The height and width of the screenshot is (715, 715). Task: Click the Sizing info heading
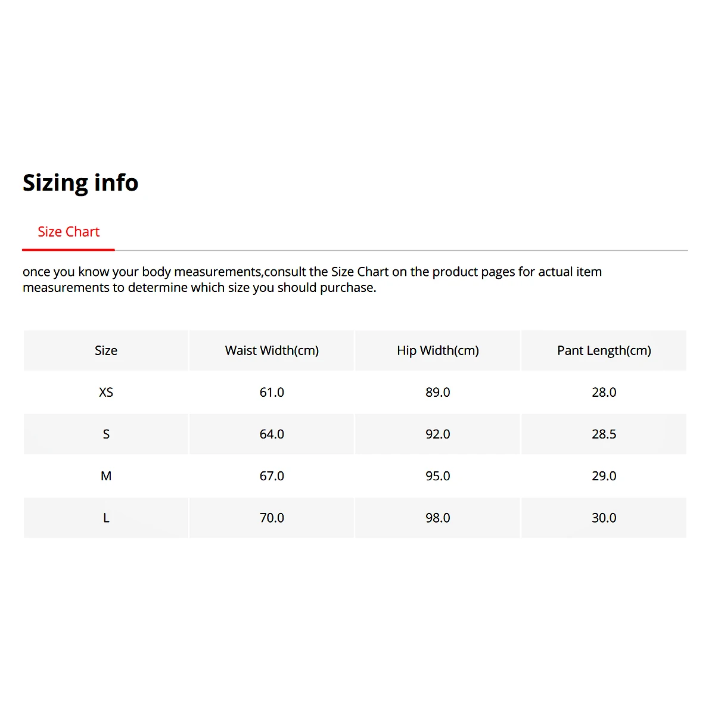(80, 182)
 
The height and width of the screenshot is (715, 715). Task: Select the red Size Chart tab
(69, 232)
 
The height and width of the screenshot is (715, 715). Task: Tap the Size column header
(106, 350)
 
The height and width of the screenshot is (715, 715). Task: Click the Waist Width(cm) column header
(272, 350)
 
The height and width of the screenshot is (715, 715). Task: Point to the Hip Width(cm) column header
(438, 350)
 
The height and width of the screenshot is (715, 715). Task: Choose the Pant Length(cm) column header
(604, 350)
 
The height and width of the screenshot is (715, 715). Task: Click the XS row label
(106, 392)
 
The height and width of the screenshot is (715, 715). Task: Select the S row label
(106, 434)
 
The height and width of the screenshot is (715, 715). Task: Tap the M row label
(106, 476)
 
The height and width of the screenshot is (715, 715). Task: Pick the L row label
(106, 518)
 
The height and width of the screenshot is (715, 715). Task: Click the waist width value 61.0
(272, 392)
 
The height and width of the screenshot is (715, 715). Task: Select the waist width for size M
(272, 476)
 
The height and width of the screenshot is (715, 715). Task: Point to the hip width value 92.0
(438, 434)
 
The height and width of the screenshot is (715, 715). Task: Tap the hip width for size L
(438, 518)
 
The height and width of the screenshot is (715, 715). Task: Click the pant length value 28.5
(604, 434)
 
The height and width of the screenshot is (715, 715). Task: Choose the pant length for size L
(604, 518)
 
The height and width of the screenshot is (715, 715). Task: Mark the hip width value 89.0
(438, 392)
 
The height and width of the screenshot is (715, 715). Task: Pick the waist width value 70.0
(272, 518)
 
